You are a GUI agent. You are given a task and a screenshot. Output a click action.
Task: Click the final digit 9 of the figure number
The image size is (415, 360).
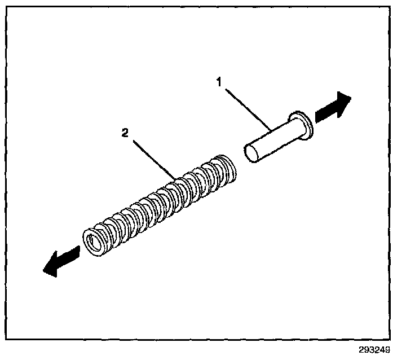click(x=388, y=349)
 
